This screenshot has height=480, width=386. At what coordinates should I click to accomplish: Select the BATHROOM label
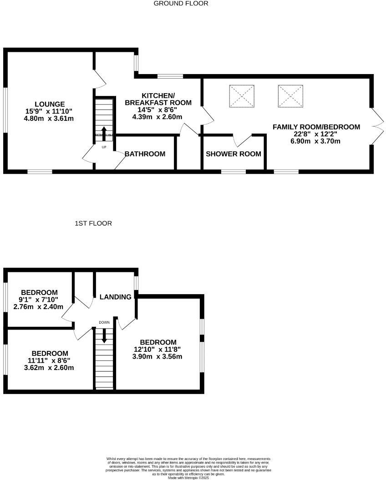pyautogui.click(x=145, y=154)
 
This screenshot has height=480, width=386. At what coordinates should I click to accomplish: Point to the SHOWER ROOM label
pyautogui.click(x=234, y=154)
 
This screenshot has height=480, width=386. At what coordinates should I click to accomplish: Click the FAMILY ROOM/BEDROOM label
pyautogui.click(x=316, y=127)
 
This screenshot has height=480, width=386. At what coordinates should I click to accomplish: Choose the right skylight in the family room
pyautogui.click(x=290, y=96)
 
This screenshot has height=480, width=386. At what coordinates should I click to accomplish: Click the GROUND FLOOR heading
pyautogui.click(x=181, y=4)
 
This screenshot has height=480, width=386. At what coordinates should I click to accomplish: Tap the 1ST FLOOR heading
pyautogui.click(x=93, y=223)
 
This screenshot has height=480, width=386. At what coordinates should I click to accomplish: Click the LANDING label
pyautogui.click(x=115, y=297)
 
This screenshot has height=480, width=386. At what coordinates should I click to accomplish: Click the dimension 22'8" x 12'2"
pyautogui.click(x=316, y=134)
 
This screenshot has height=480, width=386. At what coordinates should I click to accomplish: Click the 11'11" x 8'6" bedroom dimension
pyautogui.click(x=50, y=360)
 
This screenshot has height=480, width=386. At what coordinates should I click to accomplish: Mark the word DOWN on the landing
pyautogui.click(x=104, y=322)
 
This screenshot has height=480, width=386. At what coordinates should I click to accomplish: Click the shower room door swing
pyautogui.click(x=242, y=140)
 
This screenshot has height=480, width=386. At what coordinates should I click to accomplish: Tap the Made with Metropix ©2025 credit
pyautogui.click(x=188, y=477)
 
